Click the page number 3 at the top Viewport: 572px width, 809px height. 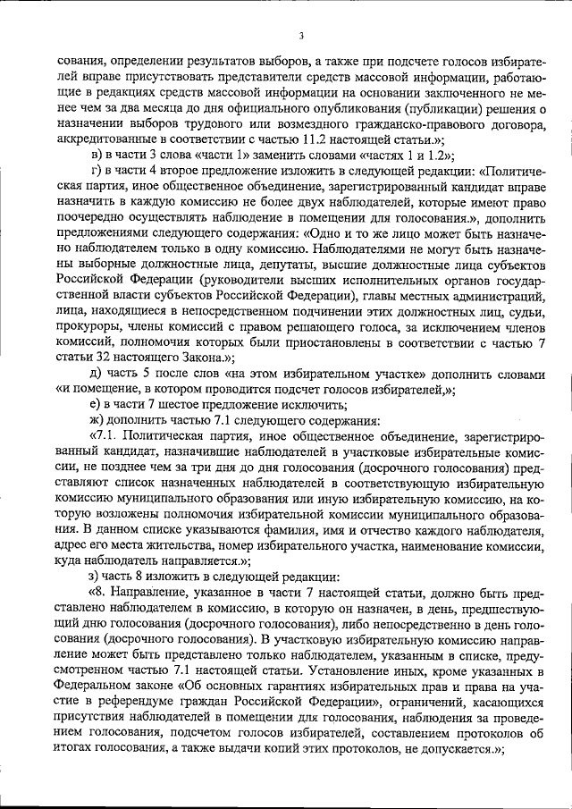[x=301, y=36]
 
